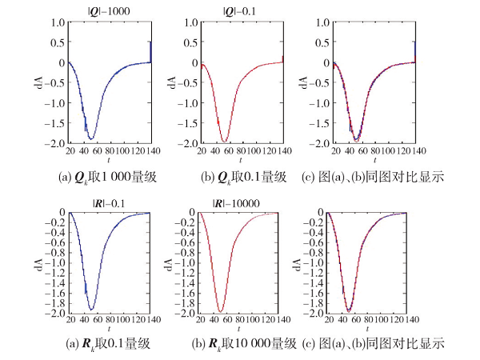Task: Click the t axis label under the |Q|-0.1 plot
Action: [x=241, y=162]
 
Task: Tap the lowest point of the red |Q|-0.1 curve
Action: [x=225, y=140]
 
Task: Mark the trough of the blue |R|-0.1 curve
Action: [x=91, y=309]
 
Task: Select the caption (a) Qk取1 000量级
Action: [x=110, y=178]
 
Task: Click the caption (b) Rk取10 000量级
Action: [x=239, y=345]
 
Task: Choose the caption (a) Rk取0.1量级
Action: [x=110, y=345]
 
